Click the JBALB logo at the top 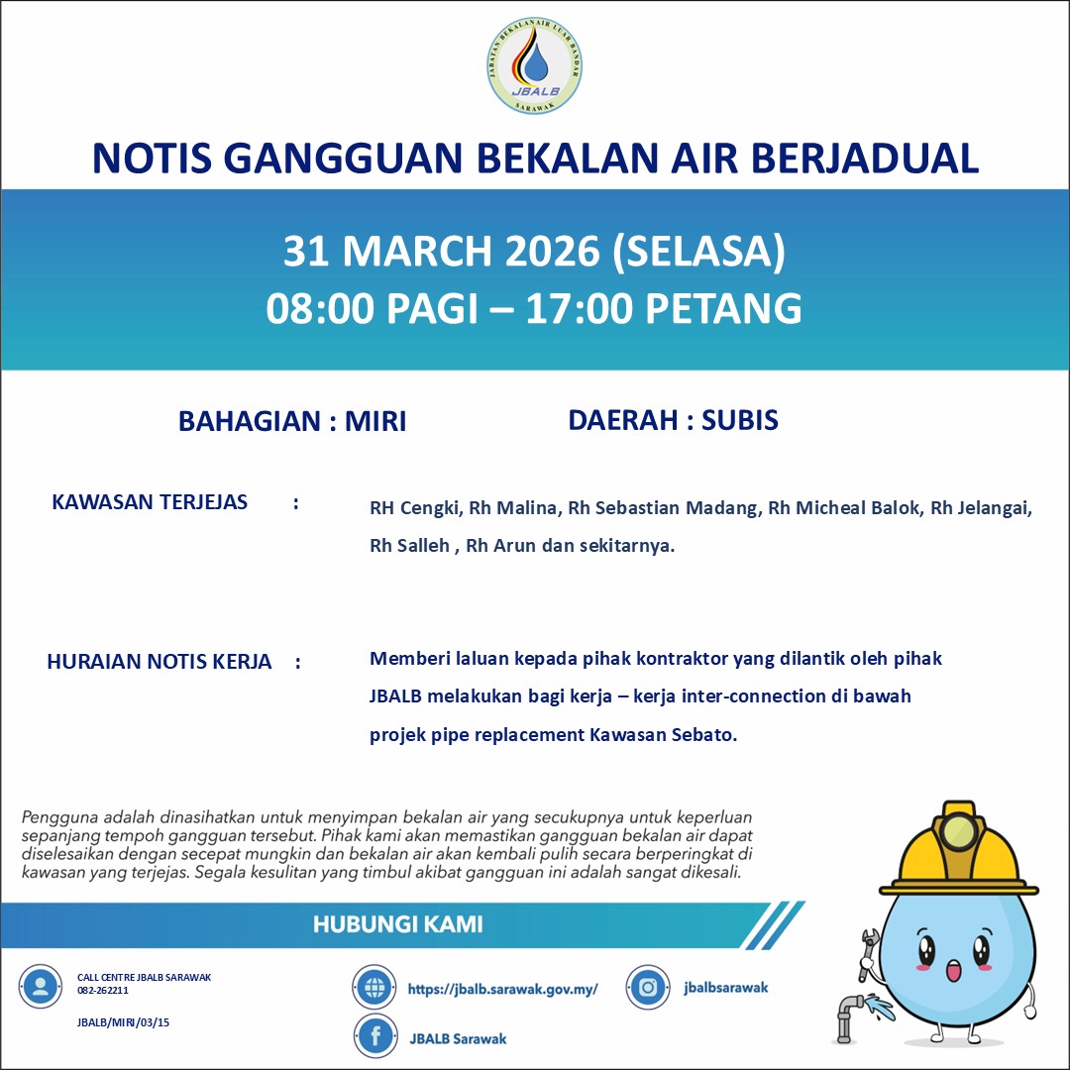point(535,65)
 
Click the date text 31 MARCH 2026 point(442,252)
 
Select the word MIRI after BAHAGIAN point(375,421)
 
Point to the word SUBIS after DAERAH point(740,420)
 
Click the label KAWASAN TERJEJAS point(150,502)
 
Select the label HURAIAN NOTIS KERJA point(159,662)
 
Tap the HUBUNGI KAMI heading point(398,925)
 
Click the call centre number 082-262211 point(103,990)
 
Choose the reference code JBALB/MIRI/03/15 point(116,1022)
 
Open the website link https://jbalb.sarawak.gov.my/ point(502,989)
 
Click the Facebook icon point(375,1037)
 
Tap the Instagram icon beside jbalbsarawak point(649,987)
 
